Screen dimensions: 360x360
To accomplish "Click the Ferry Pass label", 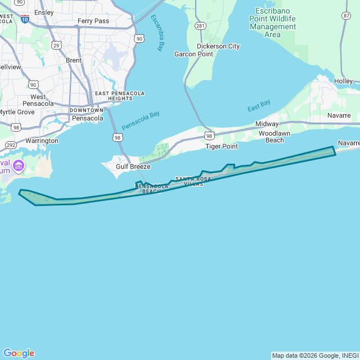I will pyautogui.click(x=93, y=21).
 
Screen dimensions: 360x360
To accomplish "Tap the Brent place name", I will pyautogui.click(x=74, y=60).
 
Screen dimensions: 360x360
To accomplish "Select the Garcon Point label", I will pyautogui.click(x=193, y=54).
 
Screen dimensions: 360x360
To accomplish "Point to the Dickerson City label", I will pyautogui.click(x=218, y=46).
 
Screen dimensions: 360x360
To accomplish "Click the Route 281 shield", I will pyautogui.click(x=200, y=26).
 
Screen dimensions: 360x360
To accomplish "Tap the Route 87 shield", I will pyautogui.click(x=346, y=15).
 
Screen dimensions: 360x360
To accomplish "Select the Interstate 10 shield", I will pyautogui.click(x=25, y=19).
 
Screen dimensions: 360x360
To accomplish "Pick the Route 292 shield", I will pyautogui.click(x=11, y=145).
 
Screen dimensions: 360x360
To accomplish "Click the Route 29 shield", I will pyautogui.click(x=55, y=44).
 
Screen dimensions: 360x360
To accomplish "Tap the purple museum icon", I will pyautogui.click(x=19, y=165).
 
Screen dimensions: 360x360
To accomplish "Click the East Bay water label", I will pyautogui.click(x=259, y=105).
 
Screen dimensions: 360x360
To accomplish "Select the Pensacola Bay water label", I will pyautogui.click(x=141, y=120).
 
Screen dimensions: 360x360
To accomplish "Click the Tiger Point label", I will pyautogui.click(x=222, y=146).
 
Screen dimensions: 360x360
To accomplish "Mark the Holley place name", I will pyautogui.click(x=343, y=82).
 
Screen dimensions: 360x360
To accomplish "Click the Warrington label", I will pyautogui.click(x=42, y=141).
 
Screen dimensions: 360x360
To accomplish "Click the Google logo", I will pyautogui.click(x=19, y=353).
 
